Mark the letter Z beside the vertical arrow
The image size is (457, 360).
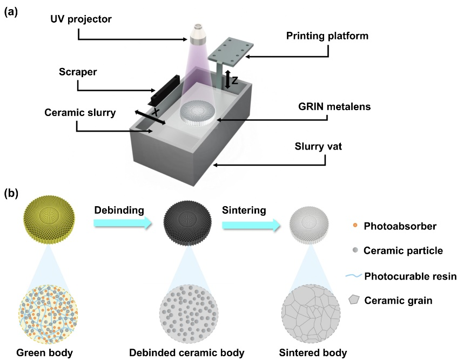[x=234, y=80]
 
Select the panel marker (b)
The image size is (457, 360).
[x=12, y=192]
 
